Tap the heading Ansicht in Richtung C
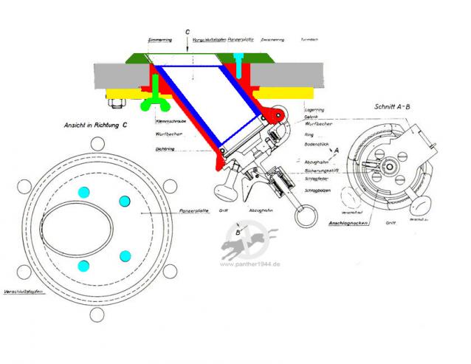point(95,125)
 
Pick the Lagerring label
point(314,109)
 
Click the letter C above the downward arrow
point(188,32)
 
